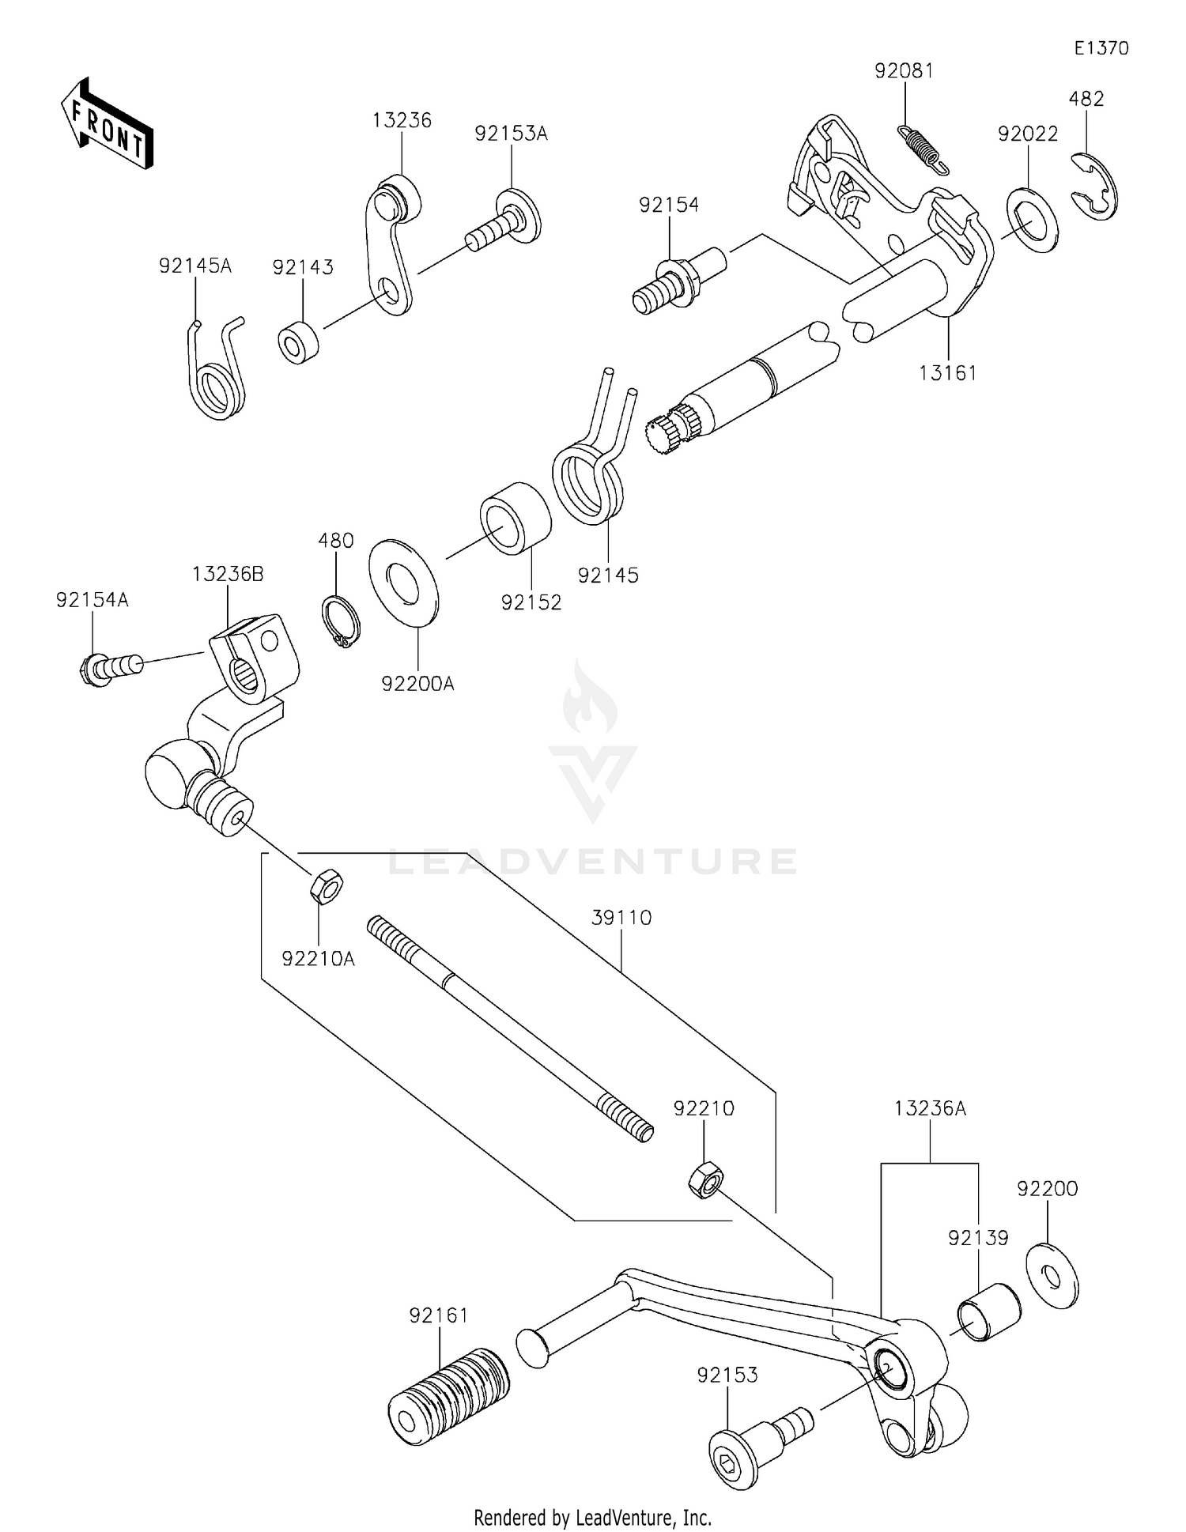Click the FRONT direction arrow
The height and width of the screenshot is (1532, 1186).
(107, 125)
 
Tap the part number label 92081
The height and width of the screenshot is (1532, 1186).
(904, 71)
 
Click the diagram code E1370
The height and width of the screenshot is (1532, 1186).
(1101, 48)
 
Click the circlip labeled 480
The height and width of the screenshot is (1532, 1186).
(341, 622)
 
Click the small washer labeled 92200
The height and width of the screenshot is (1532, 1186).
(1052, 1275)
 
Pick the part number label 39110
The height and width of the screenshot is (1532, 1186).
(621, 918)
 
